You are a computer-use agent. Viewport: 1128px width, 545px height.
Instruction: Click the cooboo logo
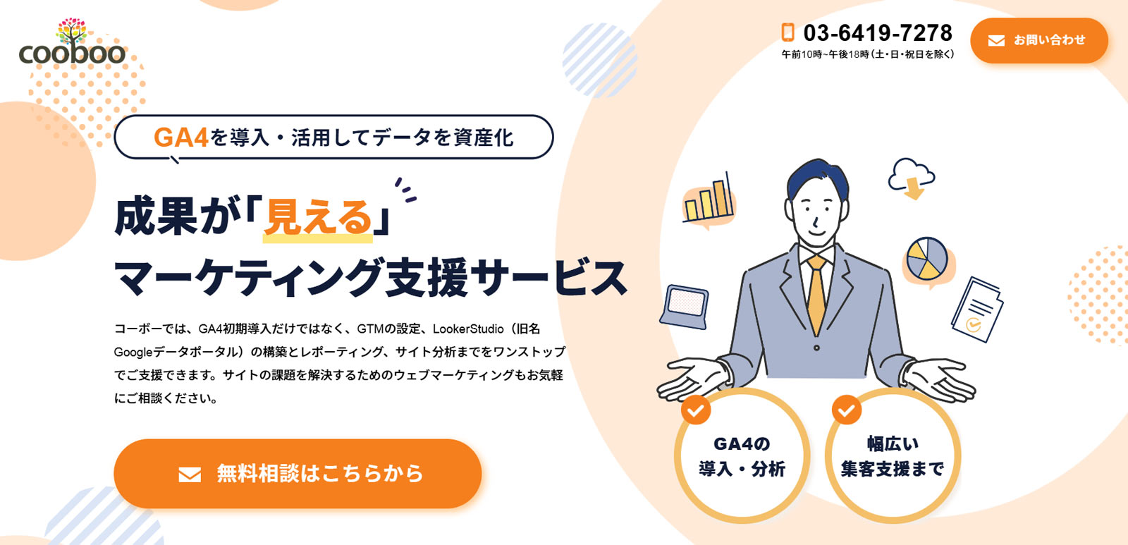[72, 42]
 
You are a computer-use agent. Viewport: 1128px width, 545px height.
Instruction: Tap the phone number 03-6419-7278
[878, 33]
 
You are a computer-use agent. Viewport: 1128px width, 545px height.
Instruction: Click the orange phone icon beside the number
[788, 32]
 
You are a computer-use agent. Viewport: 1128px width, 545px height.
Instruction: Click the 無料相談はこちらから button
[298, 474]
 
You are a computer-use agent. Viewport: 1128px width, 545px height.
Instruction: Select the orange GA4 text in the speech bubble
[180, 137]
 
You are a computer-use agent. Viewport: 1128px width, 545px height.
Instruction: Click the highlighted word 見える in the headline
[318, 217]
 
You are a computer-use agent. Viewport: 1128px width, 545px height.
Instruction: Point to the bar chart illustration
[709, 200]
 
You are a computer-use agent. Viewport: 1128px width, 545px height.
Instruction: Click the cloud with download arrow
[912, 179]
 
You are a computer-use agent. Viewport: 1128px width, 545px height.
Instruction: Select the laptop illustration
[685, 307]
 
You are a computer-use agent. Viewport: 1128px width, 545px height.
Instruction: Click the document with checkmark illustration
[977, 310]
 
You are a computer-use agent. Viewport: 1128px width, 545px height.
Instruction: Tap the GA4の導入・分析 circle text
[742, 456]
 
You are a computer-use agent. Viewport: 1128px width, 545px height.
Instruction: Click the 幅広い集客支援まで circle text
[893, 456]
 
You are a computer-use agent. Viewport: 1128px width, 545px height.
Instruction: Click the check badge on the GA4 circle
[696, 410]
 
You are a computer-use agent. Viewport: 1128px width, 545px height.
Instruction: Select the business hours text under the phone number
[868, 54]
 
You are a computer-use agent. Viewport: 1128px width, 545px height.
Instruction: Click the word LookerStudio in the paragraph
[468, 329]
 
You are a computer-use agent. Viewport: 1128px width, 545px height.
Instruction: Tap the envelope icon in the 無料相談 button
[190, 474]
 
